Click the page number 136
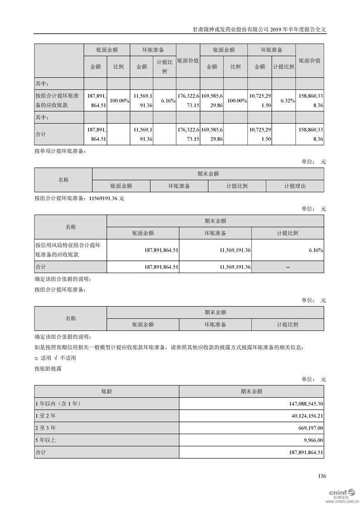[322, 476]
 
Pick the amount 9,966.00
[311, 440]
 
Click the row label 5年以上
[45, 440]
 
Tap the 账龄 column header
[106, 391]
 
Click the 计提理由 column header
[295, 186]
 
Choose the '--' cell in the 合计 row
[288, 267]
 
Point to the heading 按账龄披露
[48, 368]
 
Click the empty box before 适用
[36, 358]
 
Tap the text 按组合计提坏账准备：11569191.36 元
[79, 198]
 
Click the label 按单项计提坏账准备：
[59, 151]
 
